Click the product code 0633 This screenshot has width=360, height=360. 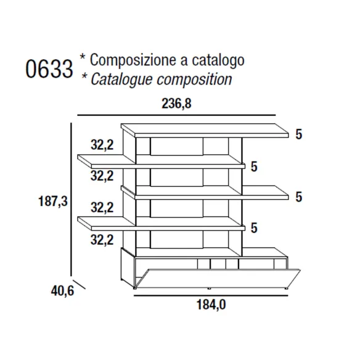[49, 69]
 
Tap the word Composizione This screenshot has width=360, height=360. [133, 60]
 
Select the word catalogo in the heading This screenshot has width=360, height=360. [218, 60]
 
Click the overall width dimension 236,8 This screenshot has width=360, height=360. [176, 104]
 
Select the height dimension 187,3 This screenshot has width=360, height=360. [53, 202]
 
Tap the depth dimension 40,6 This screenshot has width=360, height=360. [62, 291]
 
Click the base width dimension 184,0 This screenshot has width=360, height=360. [211, 305]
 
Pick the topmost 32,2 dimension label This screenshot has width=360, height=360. [102, 145]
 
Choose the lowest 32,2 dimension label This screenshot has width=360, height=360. [102, 240]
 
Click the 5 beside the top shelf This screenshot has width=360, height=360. [299, 134]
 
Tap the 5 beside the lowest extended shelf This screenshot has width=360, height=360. [254, 228]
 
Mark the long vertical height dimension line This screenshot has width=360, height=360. [71, 199]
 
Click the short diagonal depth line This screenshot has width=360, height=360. [79, 284]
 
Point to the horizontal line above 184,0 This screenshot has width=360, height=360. [211, 296]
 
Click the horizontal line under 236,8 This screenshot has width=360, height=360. [176, 115]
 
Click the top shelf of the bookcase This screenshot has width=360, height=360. [205, 131]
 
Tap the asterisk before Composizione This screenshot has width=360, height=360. [83, 57]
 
